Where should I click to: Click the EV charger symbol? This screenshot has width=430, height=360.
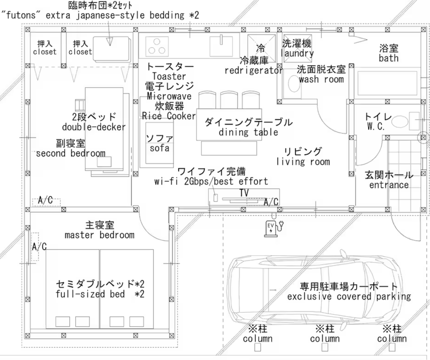270,228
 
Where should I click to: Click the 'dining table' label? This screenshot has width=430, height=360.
248,132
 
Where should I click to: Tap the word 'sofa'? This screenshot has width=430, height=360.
160,148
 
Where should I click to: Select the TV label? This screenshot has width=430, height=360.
244,192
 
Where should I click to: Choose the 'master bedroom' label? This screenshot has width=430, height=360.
100,235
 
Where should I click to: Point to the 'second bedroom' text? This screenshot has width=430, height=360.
71,153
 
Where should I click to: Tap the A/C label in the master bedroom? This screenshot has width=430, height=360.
39,247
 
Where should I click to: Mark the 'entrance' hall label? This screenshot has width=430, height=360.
389,185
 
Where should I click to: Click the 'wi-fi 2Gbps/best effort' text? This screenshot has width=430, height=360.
211,181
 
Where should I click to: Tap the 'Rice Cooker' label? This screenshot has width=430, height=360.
169,116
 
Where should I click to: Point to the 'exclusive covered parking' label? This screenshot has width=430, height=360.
349,296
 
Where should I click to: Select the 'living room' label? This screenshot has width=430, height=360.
303,162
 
